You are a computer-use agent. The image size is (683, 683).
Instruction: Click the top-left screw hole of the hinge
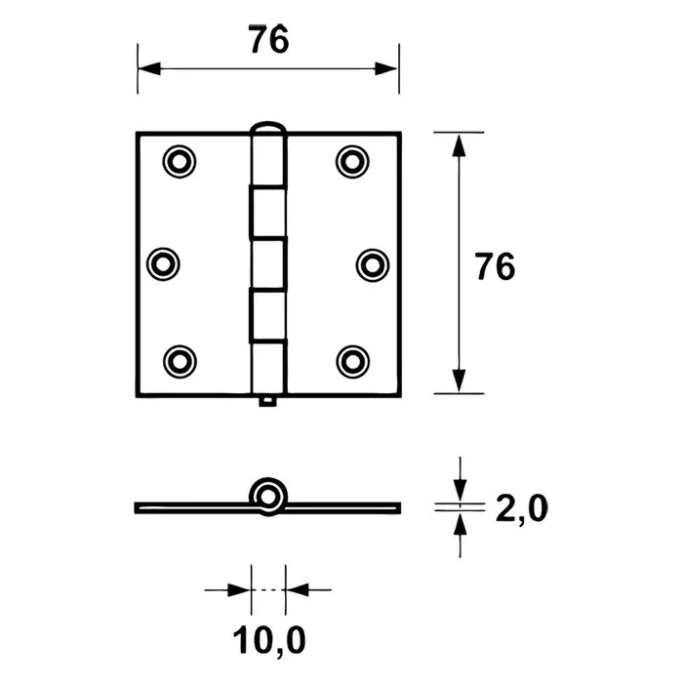[178, 161]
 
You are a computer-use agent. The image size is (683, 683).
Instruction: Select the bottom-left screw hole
[178, 360]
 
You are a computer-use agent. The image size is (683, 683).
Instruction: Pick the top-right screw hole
[352, 161]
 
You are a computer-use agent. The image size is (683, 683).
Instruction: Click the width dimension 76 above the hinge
[267, 42]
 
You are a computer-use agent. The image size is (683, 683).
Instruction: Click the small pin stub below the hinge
[267, 400]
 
